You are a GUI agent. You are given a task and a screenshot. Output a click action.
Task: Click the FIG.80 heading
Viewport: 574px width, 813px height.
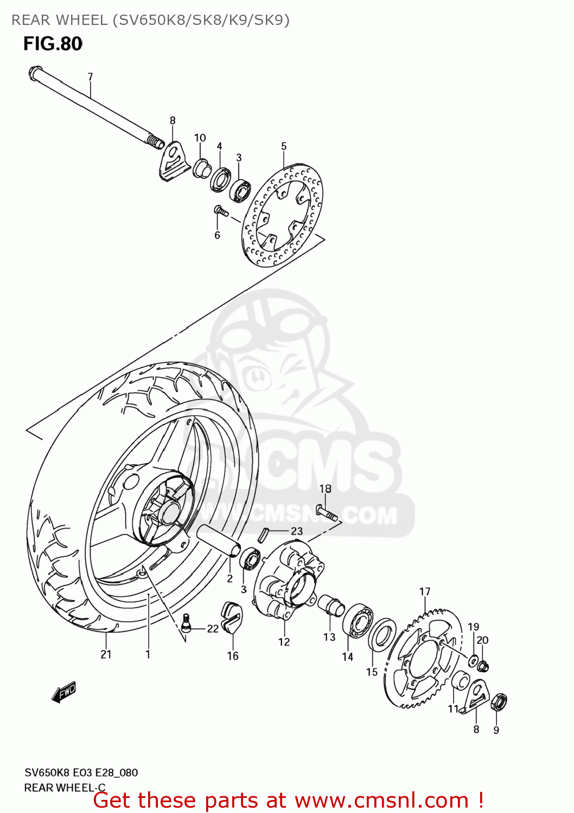[53, 43]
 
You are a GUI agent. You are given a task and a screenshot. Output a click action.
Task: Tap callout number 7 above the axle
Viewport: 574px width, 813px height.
[90, 77]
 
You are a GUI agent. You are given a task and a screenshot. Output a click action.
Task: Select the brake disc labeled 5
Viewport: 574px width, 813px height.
[283, 216]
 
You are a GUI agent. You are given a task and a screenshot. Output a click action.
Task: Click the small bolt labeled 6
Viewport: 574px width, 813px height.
[220, 210]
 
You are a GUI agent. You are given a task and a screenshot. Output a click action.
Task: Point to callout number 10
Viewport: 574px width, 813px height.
[200, 138]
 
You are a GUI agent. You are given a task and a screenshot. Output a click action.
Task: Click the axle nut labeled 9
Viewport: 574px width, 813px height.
[499, 703]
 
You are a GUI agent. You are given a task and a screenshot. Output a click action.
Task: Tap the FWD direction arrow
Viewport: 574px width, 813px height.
[64, 692]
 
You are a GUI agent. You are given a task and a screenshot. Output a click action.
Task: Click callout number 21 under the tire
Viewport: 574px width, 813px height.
[106, 654]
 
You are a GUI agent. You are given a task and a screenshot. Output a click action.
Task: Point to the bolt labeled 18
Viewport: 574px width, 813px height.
[326, 512]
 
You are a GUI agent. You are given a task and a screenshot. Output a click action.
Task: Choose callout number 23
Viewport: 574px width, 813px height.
[297, 531]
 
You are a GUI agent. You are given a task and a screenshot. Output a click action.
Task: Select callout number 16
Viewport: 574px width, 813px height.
[233, 656]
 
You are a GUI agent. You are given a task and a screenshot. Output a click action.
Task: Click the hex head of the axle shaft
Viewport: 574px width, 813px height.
[34, 72]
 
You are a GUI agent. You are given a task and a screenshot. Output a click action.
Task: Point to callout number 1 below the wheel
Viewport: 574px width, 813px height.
[148, 654]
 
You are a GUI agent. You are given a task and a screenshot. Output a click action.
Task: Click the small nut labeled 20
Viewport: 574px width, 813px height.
[484, 666]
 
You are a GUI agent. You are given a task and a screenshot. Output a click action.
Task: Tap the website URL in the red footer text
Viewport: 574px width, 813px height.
[381, 800]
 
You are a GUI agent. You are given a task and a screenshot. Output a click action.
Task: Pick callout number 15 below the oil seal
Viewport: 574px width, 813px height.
[372, 672]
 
